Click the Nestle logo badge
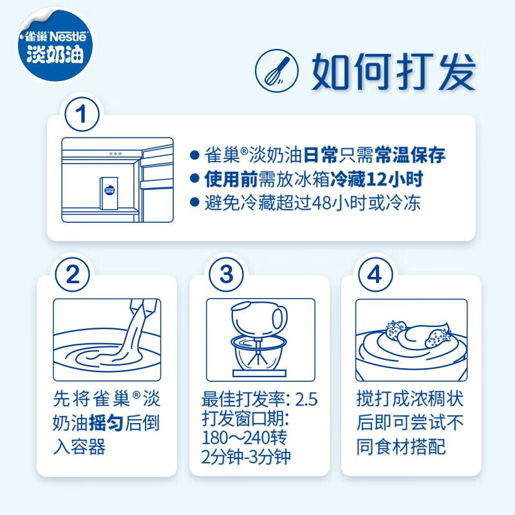click(55, 45)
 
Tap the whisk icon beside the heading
click(277, 71)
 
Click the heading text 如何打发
click(394, 71)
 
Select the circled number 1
click(82, 114)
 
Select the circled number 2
click(73, 274)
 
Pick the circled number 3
click(227, 274)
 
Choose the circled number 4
click(375, 274)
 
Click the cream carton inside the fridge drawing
click(109, 193)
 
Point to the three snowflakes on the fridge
click(115, 153)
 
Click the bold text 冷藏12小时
click(377, 180)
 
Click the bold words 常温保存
click(410, 154)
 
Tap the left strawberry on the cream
click(395, 330)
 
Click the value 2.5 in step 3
click(306, 399)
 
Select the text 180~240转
click(245, 438)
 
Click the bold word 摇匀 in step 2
click(106, 422)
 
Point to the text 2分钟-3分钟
click(246, 456)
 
